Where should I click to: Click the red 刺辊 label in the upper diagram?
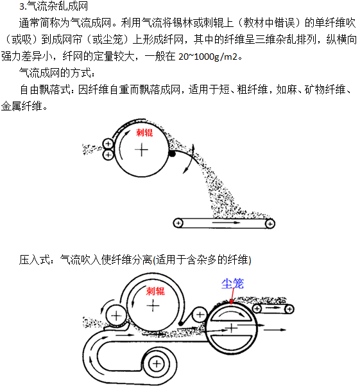[x=144, y=132]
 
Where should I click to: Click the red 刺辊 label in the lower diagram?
[x=155, y=291]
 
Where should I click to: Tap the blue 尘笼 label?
[x=232, y=283]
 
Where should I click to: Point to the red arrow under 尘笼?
[x=232, y=296]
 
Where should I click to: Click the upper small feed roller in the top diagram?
[x=108, y=143]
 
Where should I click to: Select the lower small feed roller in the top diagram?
[x=108, y=155]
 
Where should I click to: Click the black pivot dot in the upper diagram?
[x=172, y=154]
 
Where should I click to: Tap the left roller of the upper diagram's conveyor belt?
[x=178, y=223]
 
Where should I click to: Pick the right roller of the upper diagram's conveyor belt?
[x=270, y=224]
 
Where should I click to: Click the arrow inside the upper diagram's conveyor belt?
[x=226, y=223]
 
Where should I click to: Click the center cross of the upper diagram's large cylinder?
[x=142, y=150]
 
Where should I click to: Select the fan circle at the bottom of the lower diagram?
[x=157, y=364]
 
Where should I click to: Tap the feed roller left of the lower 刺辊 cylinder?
[x=116, y=316]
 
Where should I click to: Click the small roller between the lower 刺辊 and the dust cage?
[x=200, y=315]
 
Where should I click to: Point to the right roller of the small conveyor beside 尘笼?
[x=289, y=309]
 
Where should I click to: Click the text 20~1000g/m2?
[x=208, y=57]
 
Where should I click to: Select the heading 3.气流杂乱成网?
[x=53, y=6]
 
